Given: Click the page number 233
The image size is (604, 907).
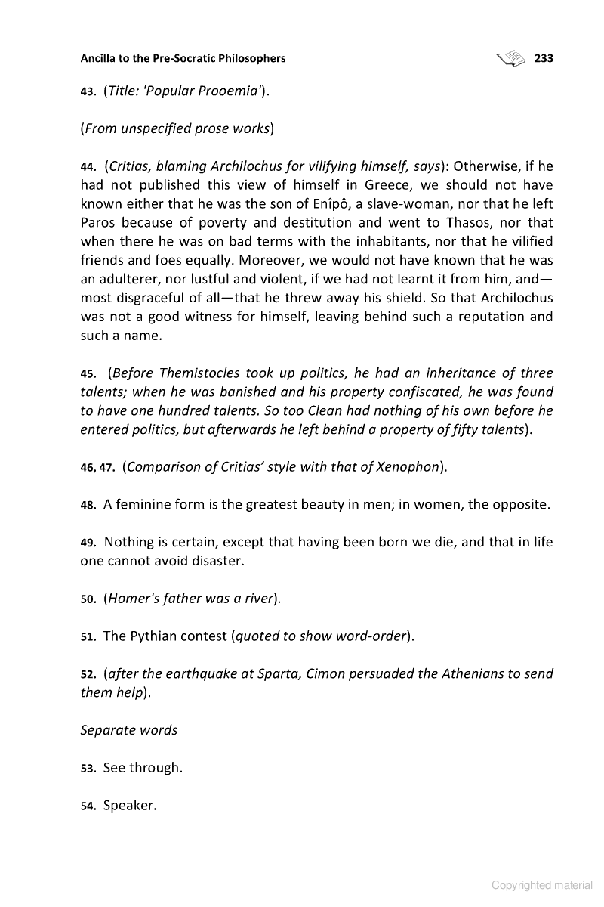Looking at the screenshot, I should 544,58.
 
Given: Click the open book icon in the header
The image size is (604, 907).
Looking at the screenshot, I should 511,57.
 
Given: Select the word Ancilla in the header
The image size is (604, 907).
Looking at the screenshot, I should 100,58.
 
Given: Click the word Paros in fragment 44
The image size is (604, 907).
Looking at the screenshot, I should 98,223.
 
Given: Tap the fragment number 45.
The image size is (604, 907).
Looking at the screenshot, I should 88,374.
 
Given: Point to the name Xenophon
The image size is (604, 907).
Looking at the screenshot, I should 405,467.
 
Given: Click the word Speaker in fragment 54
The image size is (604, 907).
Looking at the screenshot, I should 129,806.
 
